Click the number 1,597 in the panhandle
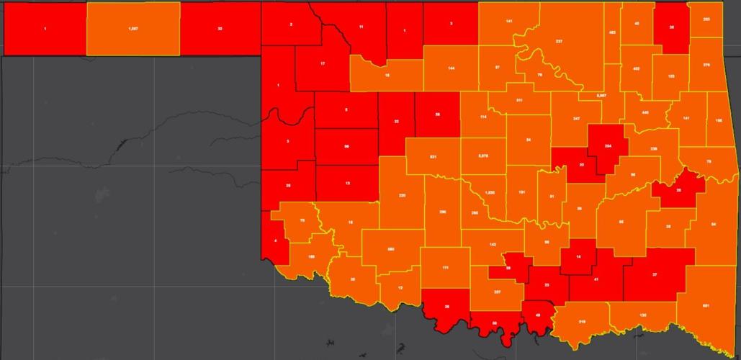pos(133,28)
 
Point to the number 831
pos(433,156)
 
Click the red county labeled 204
pos(608,146)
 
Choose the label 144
pos(451,68)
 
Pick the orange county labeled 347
pos(576,118)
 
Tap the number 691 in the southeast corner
pos(706,307)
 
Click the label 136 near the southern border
pos(642,315)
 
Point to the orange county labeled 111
pos(446,267)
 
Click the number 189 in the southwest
pos(311,256)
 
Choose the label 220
pos(402,196)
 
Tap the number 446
pos(645,113)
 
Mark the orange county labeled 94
pos(714,224)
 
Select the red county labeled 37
pos(655,275)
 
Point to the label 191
pos(521,192)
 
